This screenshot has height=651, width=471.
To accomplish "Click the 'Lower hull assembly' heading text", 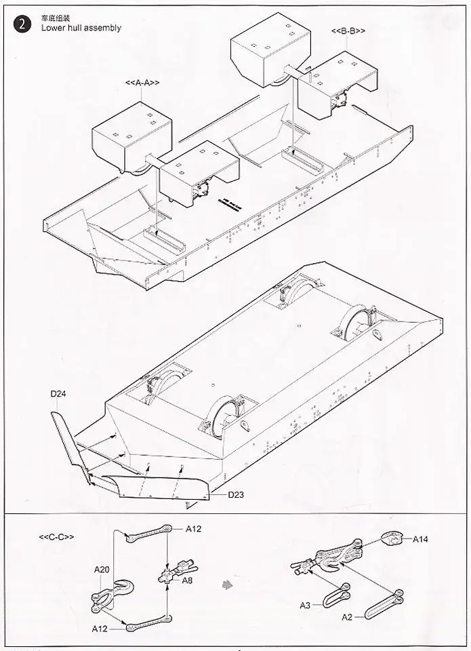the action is [x=81, y=28].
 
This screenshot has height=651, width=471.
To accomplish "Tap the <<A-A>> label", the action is [x=142, y=83].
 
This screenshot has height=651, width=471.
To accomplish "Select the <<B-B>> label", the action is [x=348, y=31].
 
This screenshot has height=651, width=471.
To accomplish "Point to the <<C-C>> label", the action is [x=56, y=537].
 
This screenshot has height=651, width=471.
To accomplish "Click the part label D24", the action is [x=58, y=393].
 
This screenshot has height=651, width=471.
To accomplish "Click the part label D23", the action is [x=235, y=494].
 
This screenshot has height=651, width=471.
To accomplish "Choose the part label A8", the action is [x=186, y=580].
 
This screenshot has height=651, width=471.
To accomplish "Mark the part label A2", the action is [x=346, y=617].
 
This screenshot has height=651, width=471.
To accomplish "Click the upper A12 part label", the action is [x=193, y=528].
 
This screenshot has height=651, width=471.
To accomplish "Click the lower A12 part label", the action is [x=101, y=629].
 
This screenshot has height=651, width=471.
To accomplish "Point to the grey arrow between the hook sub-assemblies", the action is [x=228, y=583].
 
